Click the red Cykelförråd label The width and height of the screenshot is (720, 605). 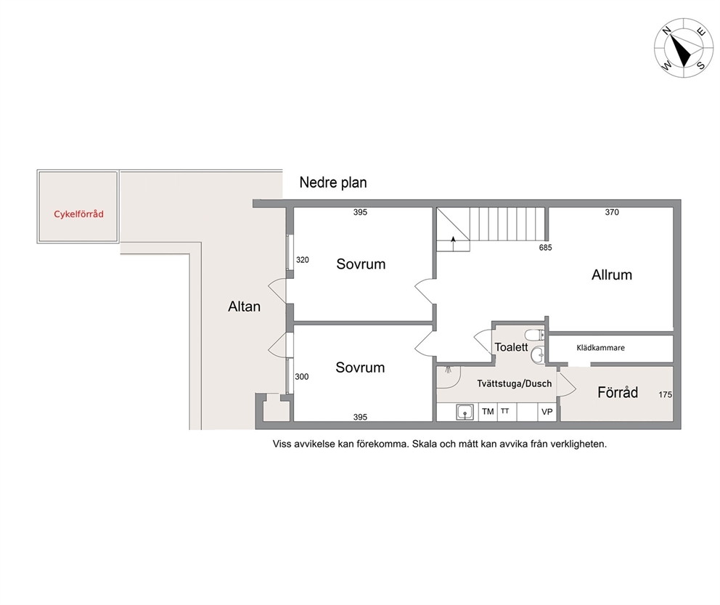click(x=78, y=214)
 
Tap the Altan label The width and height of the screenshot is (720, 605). click(x=245, y=306)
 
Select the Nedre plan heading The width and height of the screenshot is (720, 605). click(x=333, y=182)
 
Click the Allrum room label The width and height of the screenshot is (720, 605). click(x=612, y=275)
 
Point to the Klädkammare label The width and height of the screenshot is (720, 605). click(x=600, y=348)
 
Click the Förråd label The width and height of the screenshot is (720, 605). click(x=618, y=392)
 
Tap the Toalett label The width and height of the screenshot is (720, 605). click(x=511, y=347)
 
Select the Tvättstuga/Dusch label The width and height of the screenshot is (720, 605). click(x=515, y=383)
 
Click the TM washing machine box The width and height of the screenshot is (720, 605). click(x=488, y=412)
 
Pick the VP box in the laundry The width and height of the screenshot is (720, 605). click(x=547, y=412)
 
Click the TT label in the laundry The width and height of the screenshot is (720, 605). click(x=504, y=410)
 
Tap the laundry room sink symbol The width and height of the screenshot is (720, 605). click(x=465, y=412)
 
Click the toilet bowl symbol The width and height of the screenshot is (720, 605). click(x=534, y=334)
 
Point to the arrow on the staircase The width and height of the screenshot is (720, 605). click(x=453, y=243)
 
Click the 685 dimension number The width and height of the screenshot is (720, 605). click(x=546, y=248)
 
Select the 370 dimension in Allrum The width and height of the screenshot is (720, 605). click(x=612, y=212)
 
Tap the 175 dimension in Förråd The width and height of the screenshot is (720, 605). click(x=665, y=394)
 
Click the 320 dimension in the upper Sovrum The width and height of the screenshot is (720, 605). click(x=303, y=260)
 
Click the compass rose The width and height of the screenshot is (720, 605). click(x=684, y=48)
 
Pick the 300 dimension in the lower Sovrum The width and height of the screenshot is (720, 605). click(x=302, y=377)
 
